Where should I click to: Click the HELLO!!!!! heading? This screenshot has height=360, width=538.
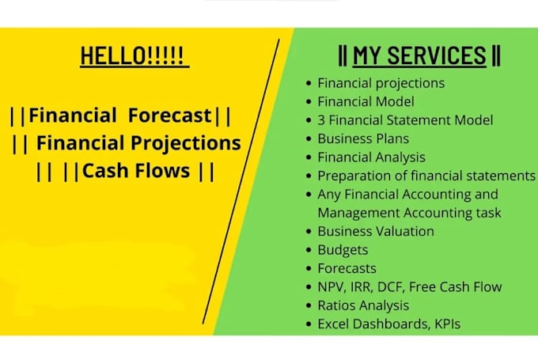point(134,55)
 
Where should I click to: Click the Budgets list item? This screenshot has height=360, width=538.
point(343,250)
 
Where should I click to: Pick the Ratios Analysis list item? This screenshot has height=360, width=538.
point(363,305)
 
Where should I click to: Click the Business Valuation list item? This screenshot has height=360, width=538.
point(376,231)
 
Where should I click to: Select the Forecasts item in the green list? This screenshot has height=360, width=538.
point(347,268)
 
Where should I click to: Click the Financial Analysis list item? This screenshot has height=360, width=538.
point(371,157)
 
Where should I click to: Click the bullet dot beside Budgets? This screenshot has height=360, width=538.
point(307,250)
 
